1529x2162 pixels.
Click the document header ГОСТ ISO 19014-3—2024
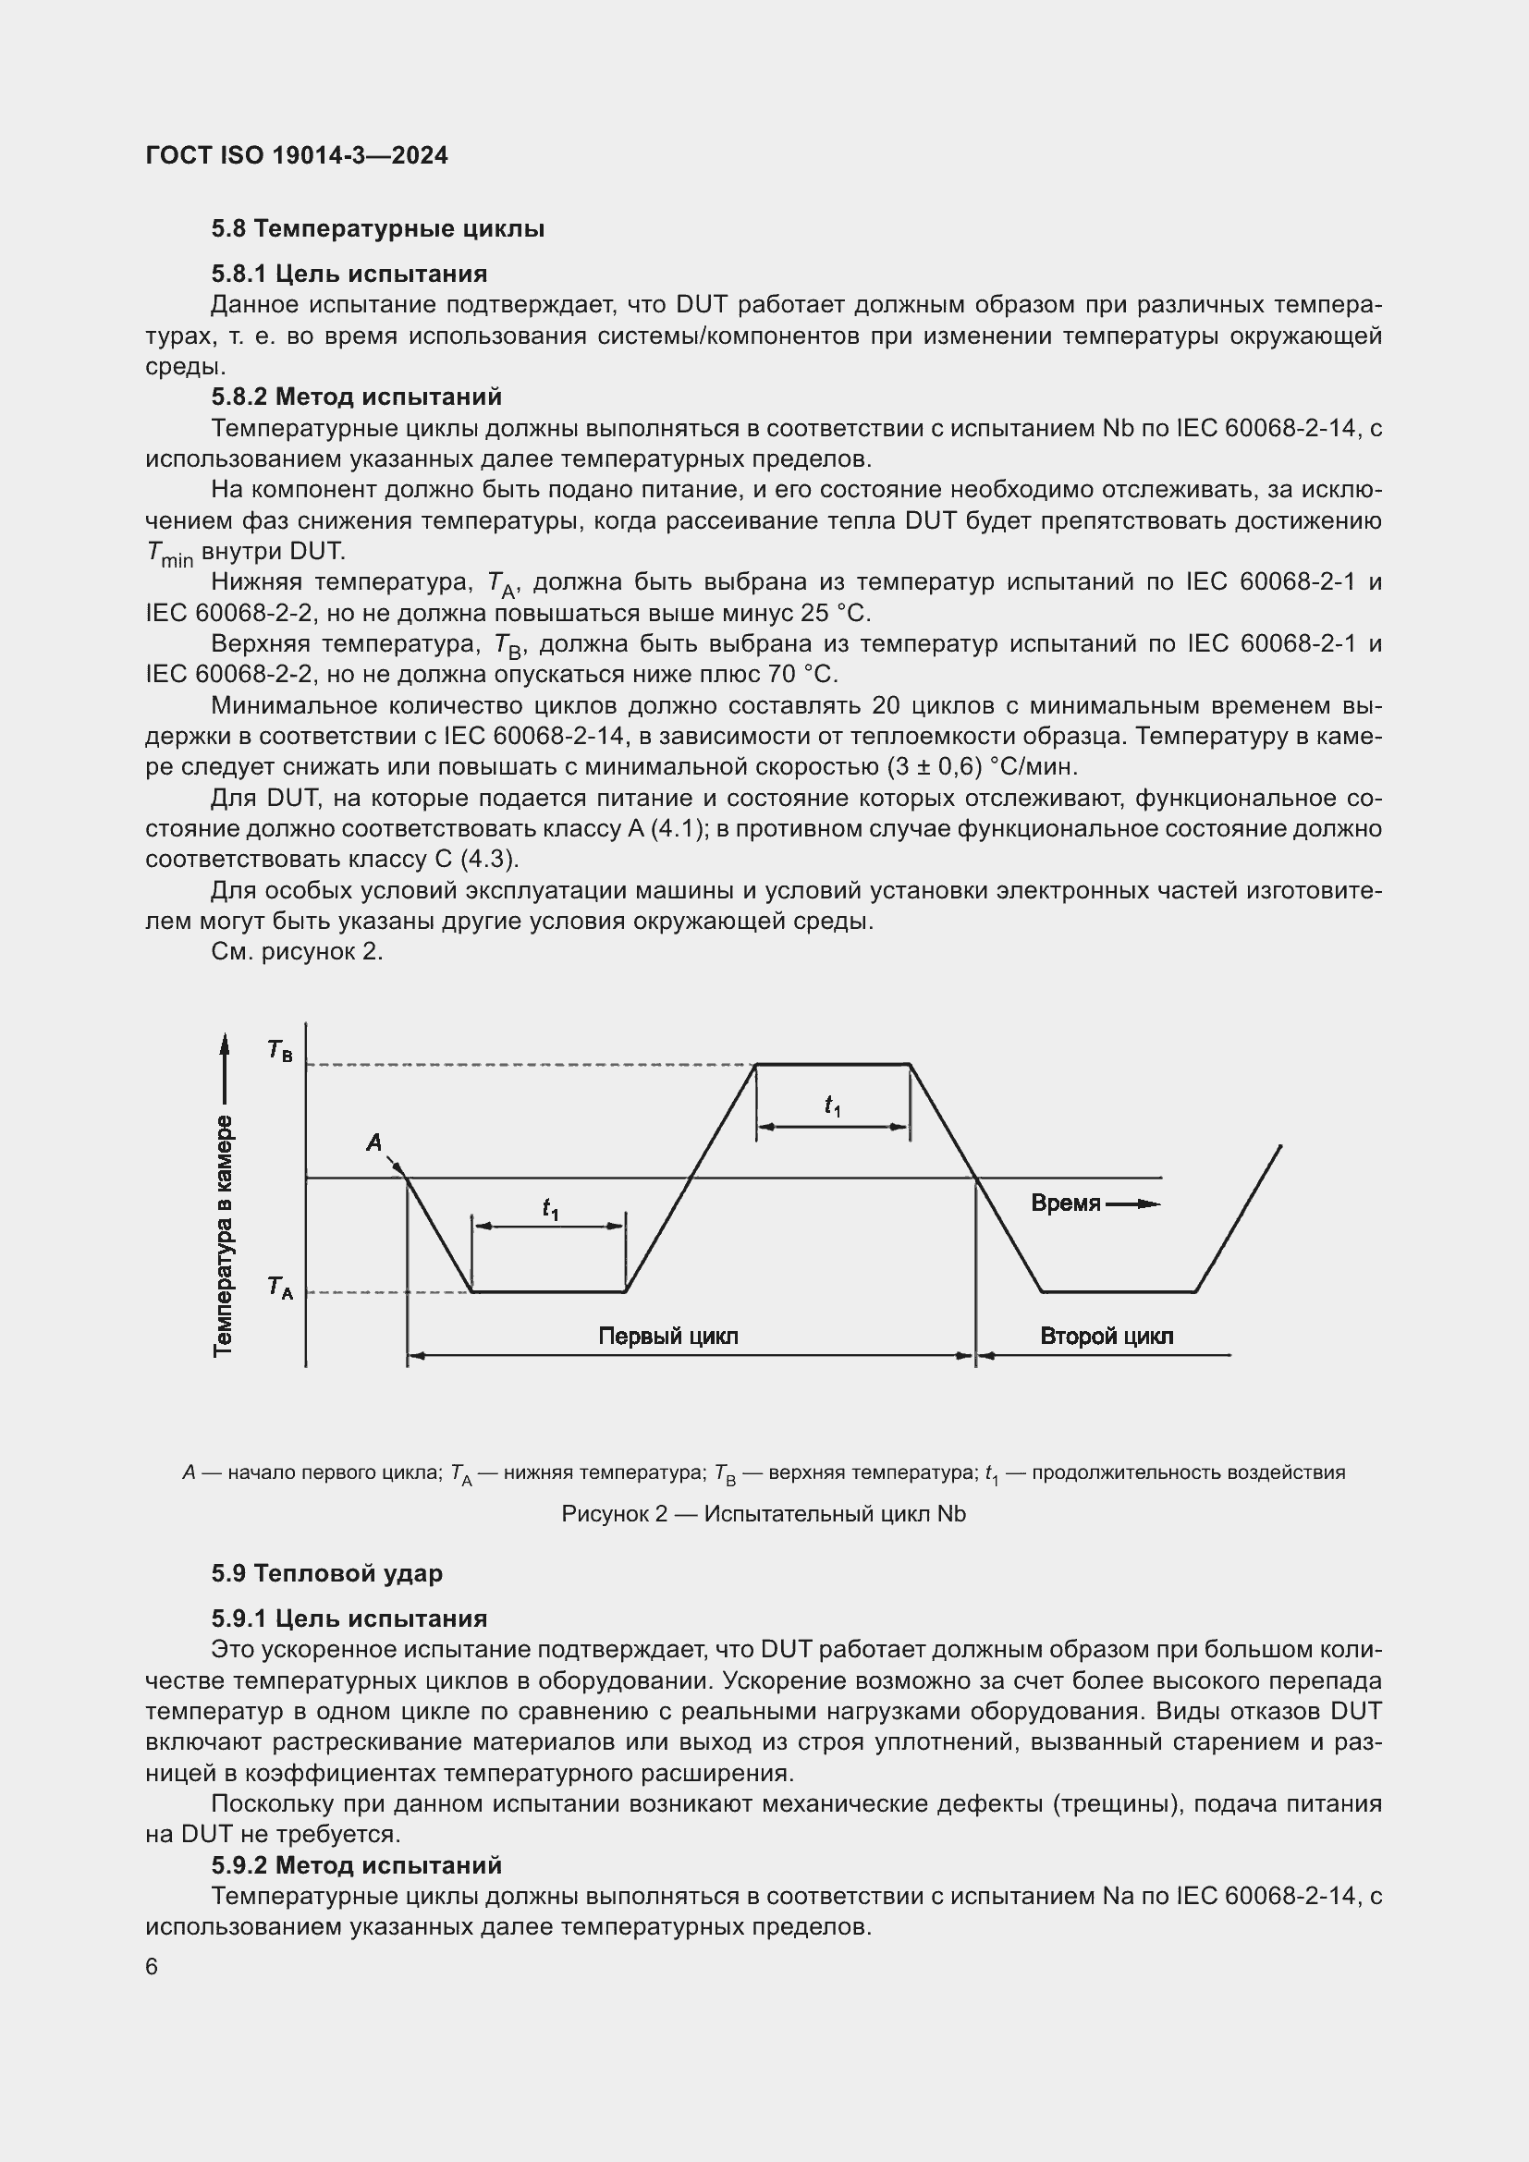click(x=297, y=155)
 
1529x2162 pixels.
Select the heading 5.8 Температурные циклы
click(x=377, y=229)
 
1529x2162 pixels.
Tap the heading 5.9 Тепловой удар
click(x=326, y=1573)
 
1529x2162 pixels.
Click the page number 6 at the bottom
click(x=152, y=1967)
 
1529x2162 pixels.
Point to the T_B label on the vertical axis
click(x=279, y=1050)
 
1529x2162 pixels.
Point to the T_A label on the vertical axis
click(x=279, y=1288)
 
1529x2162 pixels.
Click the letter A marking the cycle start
click(x=373, y=1142)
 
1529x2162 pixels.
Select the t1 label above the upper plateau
click(x=832, y=1105)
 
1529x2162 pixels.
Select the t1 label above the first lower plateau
click(x=550, y=1208)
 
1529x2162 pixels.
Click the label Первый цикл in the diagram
click(x=667, y=1337)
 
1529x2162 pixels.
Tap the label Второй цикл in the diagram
click(x=1107, y=1337)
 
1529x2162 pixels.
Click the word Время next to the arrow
click(x=1065, y=1203)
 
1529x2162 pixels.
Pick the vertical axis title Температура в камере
click(x=223, y=1237)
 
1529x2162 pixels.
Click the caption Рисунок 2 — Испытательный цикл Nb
click(x=764, y=1514)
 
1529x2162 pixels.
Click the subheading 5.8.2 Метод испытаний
click(x=356, y=397)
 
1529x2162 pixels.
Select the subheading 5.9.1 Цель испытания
click(x=349, y=1618)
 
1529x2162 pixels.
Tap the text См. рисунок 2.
click(x=297, y=952)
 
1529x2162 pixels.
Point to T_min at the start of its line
click(x=169, y=554)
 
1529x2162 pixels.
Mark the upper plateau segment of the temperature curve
click(x=832, y=1064)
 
